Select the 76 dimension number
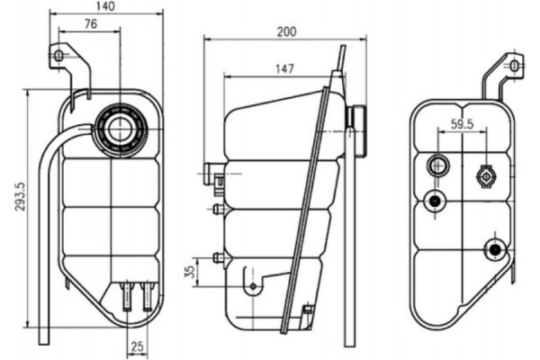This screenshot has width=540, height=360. point(90,24)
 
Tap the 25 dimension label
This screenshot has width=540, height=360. point(136,346)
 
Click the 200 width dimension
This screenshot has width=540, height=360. point(286,31)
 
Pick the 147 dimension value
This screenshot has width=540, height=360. point(284,68)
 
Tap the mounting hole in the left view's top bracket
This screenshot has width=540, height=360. point(60,56)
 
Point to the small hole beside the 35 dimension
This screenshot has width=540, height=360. point(253,288)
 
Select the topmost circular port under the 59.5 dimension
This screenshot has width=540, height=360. point(438,165)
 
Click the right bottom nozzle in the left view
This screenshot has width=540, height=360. point(147,295)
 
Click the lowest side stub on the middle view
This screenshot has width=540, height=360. point(217,258)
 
